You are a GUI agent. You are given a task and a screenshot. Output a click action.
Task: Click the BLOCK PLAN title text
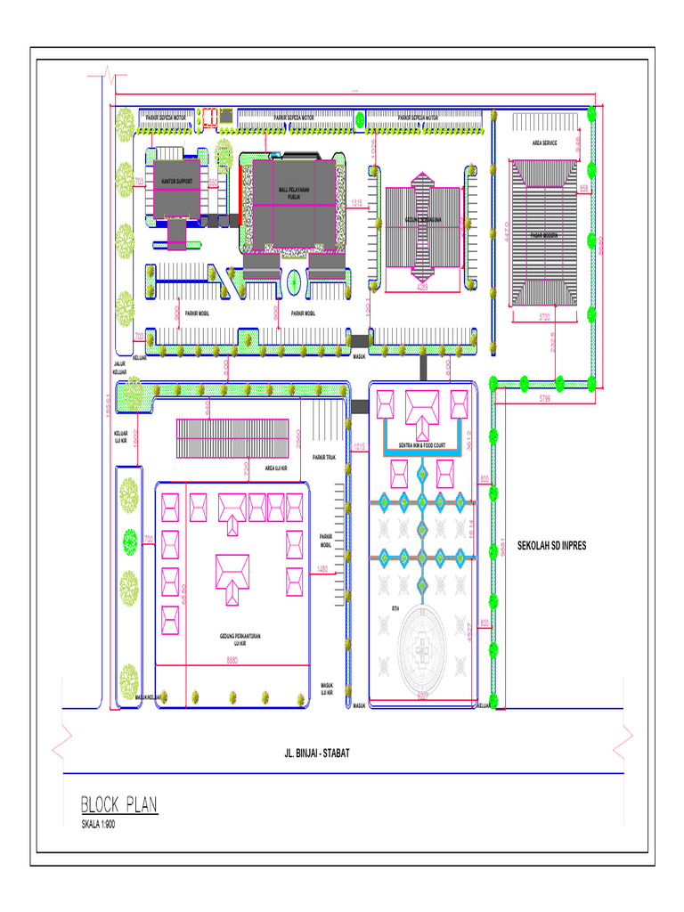119,805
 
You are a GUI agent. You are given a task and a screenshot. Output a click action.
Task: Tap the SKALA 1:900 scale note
98,825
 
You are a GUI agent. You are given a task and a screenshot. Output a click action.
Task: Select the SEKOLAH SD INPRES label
552,545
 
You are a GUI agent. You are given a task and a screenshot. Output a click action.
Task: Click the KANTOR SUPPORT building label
176,182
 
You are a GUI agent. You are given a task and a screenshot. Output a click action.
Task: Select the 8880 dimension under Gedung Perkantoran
232,660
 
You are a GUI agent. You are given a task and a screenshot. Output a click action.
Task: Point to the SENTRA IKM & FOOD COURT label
421,444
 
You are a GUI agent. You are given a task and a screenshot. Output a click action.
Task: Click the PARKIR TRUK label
323,458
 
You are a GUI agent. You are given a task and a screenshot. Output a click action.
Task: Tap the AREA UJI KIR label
275,467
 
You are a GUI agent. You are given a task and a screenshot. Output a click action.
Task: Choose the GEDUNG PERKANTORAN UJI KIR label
232,639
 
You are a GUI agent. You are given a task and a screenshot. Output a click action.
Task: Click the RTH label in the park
395,608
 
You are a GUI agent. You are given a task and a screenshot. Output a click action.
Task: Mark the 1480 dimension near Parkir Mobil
322,569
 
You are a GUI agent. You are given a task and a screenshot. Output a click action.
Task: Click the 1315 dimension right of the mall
357,204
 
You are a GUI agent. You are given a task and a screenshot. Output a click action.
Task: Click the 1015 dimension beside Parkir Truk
359,446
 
